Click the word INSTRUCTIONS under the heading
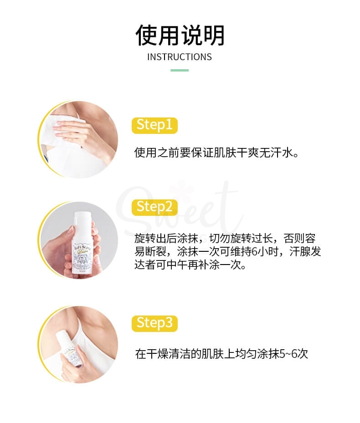(x=180, y=57)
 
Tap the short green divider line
(x=180, y=70)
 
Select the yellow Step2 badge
(x=154, y=206)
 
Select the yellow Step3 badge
(x=154, y=323)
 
